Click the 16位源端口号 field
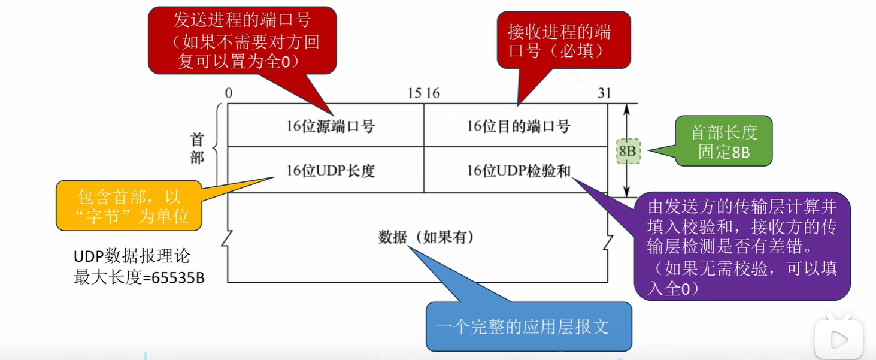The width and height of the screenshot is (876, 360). (x=331, y=126)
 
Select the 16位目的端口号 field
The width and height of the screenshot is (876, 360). (x=519, y=126)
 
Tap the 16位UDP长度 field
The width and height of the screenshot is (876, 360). (x=331, y=171)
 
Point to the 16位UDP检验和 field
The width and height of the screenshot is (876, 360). (x=519, y=171)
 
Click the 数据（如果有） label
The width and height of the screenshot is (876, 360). (x=426, y=237)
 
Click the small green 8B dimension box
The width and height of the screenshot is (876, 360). (x=627, y=152)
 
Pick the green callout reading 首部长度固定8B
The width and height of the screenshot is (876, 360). (x=723, y=141)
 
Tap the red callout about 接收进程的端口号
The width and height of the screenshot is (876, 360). (x=563, y=40)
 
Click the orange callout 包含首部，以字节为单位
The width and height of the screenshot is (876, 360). (x=129, y=207)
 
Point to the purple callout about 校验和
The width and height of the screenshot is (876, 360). (x=742, y=246)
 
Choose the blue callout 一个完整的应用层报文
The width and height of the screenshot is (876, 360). (x=529, y=326)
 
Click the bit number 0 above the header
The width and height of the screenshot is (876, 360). (x=229, y=93)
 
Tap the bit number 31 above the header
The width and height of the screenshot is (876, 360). (x=604, y=93)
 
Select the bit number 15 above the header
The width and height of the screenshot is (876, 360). (x=414, y=93)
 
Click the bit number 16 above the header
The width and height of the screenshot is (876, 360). (x=432, y=93)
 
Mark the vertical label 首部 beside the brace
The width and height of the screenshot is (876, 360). (x=197, y=149)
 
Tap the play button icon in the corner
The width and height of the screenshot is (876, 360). (x=838, y=340)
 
